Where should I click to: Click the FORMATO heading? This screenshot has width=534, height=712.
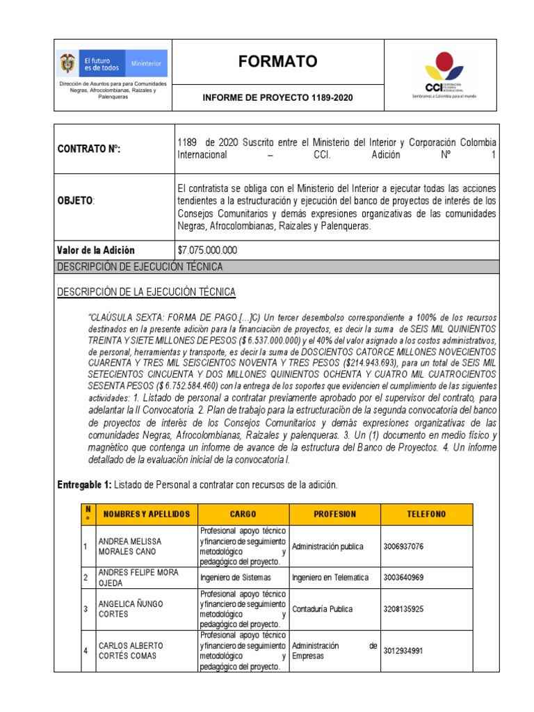(277, 62)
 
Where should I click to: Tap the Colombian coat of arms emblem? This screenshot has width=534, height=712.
(67, 63)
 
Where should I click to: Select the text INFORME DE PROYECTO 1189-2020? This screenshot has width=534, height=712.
(277, 98)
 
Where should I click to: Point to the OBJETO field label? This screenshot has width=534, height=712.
(75, 200)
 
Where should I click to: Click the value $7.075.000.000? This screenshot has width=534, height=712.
(208, 250)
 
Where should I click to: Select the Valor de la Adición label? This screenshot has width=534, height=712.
(95, 250)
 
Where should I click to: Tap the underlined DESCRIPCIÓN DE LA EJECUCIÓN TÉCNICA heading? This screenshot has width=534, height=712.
(146, 291)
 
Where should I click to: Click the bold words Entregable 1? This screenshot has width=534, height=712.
(84, 484)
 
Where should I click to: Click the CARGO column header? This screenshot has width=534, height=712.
(243, 515)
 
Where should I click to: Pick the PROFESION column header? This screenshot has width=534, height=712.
(334, 515)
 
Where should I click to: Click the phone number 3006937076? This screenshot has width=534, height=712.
(403, 547)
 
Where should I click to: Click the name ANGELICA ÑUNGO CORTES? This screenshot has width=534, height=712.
(131, 609)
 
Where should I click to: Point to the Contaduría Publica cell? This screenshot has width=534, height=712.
(323, 609)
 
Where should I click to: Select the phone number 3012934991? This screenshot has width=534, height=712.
(403, 651)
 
